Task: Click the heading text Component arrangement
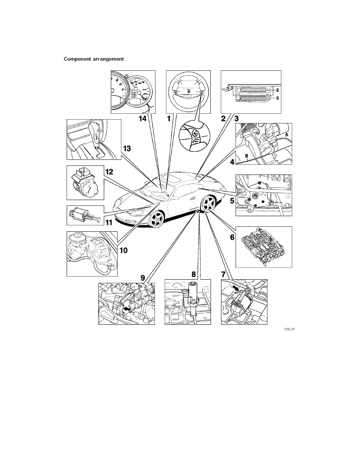[94, 59]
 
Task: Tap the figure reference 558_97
[289, 330]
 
